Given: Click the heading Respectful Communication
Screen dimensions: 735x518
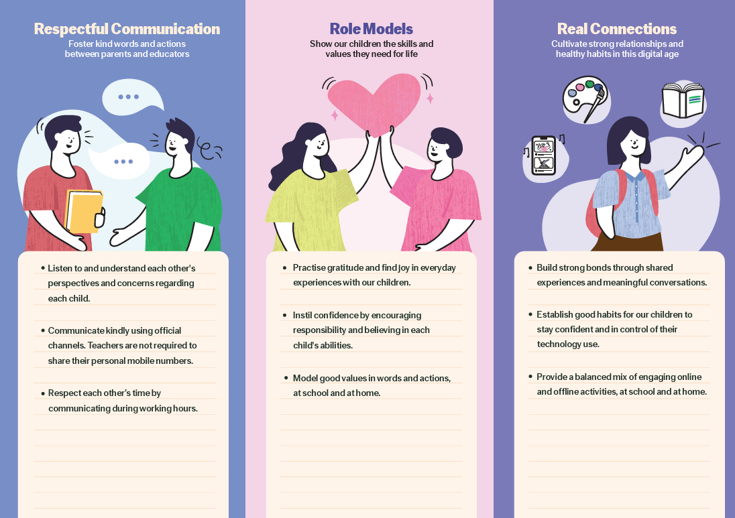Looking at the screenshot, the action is click(x=127, y=29).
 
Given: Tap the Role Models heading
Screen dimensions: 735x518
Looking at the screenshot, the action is click(x=372, y=29).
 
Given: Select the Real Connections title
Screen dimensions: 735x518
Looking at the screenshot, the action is click(x=617, y=29).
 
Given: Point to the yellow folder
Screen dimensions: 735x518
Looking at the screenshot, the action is click(x=84, y=211).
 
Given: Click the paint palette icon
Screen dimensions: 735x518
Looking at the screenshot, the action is click(x=585, y=99).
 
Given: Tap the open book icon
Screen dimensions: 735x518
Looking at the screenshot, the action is click(x=683, y=100).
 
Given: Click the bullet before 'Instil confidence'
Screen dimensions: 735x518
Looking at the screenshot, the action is click(x=284, y=315).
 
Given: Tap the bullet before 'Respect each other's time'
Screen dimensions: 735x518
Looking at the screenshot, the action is click(x=43, y=393).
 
